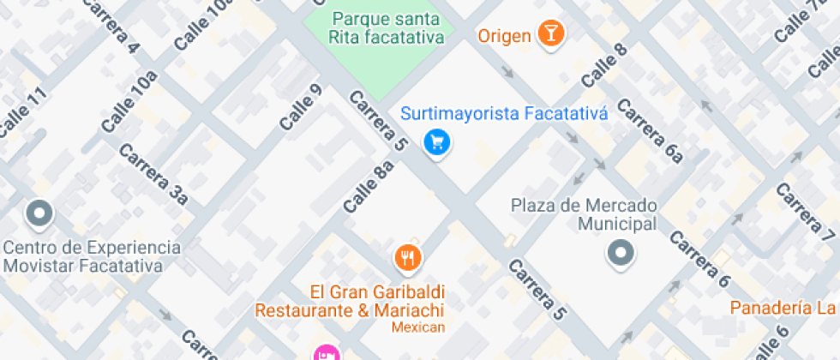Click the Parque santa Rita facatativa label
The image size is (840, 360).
[x=387, y=27]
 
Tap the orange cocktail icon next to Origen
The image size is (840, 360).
[x=549, y=34]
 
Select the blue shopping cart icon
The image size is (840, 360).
[x=438, y=141]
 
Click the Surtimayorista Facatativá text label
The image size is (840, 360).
[x=505, y=113]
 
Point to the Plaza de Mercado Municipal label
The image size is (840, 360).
[x=584, y=214]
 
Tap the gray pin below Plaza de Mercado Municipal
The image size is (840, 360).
[x=621, y=253]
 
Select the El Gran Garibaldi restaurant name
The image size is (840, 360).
[x=350, y=301]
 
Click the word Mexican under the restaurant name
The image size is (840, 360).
[x=418, y=327]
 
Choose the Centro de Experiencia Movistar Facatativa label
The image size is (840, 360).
[x=92, y=256]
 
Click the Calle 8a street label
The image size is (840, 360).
[x=369, y=189]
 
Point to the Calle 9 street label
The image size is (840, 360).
[x=301, y=107]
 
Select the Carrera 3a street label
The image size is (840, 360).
[x=153, y=175]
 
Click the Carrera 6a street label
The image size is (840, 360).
[x=650, y=131]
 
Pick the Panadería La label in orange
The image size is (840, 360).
[x=783, y=307]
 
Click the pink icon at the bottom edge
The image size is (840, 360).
[x=326, y=353]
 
